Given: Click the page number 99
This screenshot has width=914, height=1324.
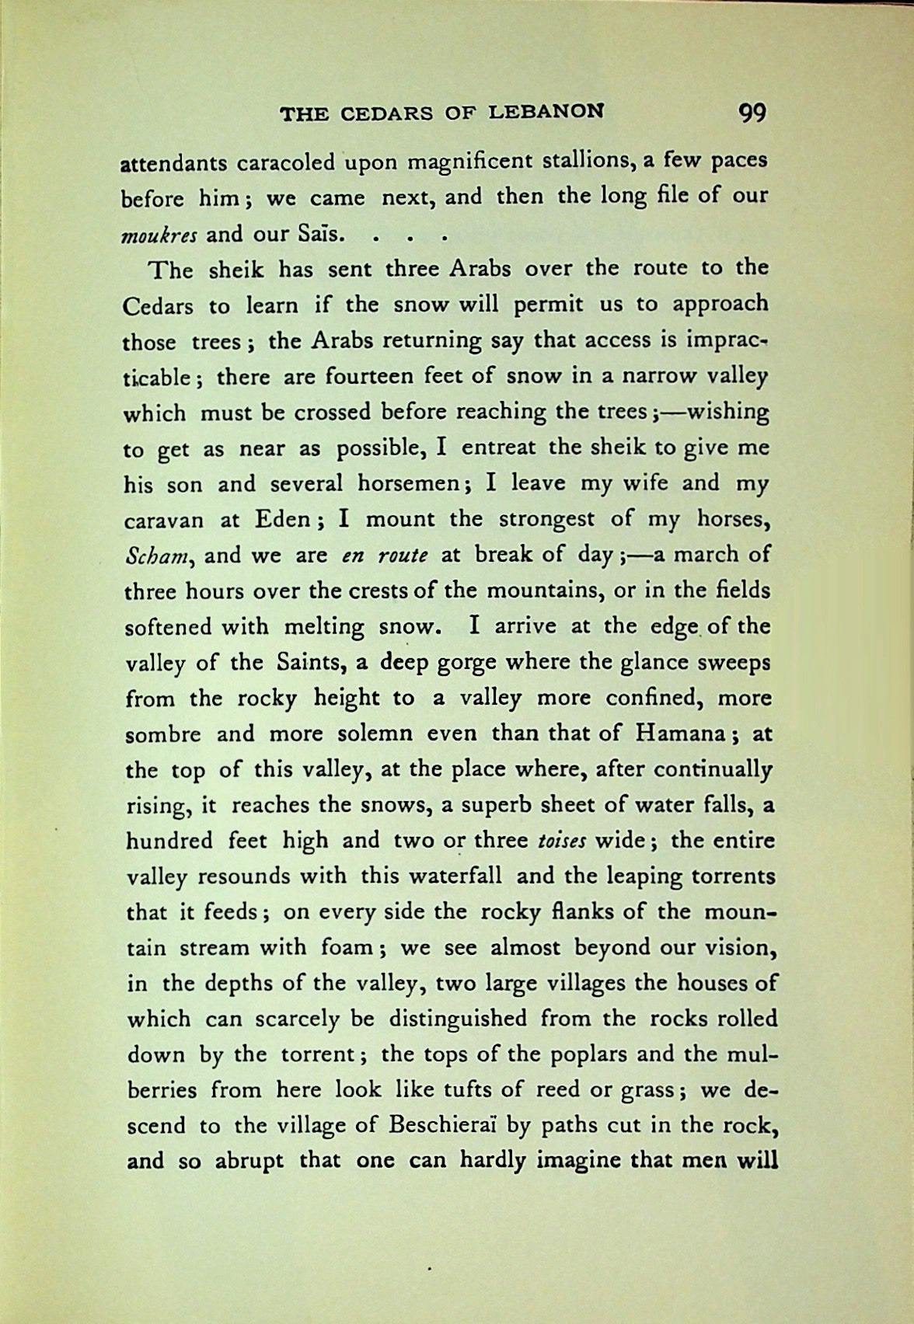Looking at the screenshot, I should point(752,113).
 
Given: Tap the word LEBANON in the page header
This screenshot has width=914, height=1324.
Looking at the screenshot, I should point(546,113).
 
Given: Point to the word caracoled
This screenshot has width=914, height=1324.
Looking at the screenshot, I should point(285,164).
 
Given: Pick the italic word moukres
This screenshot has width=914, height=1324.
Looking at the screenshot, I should point(159,234).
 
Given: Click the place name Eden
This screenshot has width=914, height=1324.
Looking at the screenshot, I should point(284,519).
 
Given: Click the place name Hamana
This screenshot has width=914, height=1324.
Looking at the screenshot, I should point(680,733).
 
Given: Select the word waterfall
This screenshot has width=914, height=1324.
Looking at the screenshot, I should point(452,876).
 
